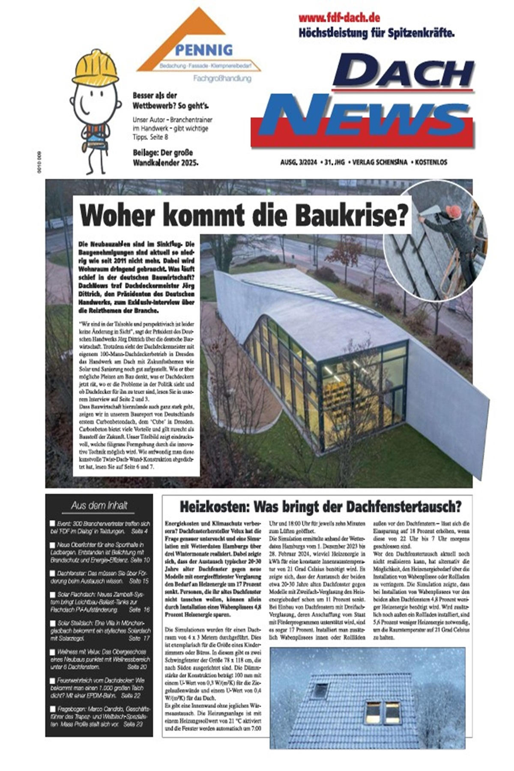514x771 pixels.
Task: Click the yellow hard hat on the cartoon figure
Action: click(x=95, y=67)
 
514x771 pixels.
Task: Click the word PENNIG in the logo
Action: click(x=203, y=50)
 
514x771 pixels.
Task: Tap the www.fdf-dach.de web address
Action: click(x=339, y=18)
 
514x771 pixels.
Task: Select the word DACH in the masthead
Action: click(x=403, y=73)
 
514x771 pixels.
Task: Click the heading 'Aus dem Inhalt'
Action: click(x=99, y=505)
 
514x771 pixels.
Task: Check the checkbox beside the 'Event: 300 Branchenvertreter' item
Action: click(x=52, y=523)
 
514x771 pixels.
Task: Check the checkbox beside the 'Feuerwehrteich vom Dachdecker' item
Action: click(x=52, y=680)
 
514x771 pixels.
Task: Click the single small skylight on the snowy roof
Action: click(x=320, y=690)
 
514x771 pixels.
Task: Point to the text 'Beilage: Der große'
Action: click(x=163, y=153)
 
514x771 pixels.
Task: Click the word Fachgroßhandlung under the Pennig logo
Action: click(x=222, y=79)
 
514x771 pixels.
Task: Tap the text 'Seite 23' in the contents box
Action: click(x=133, y=724)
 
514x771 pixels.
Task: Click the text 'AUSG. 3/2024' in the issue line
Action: click(x=298, y=162)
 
